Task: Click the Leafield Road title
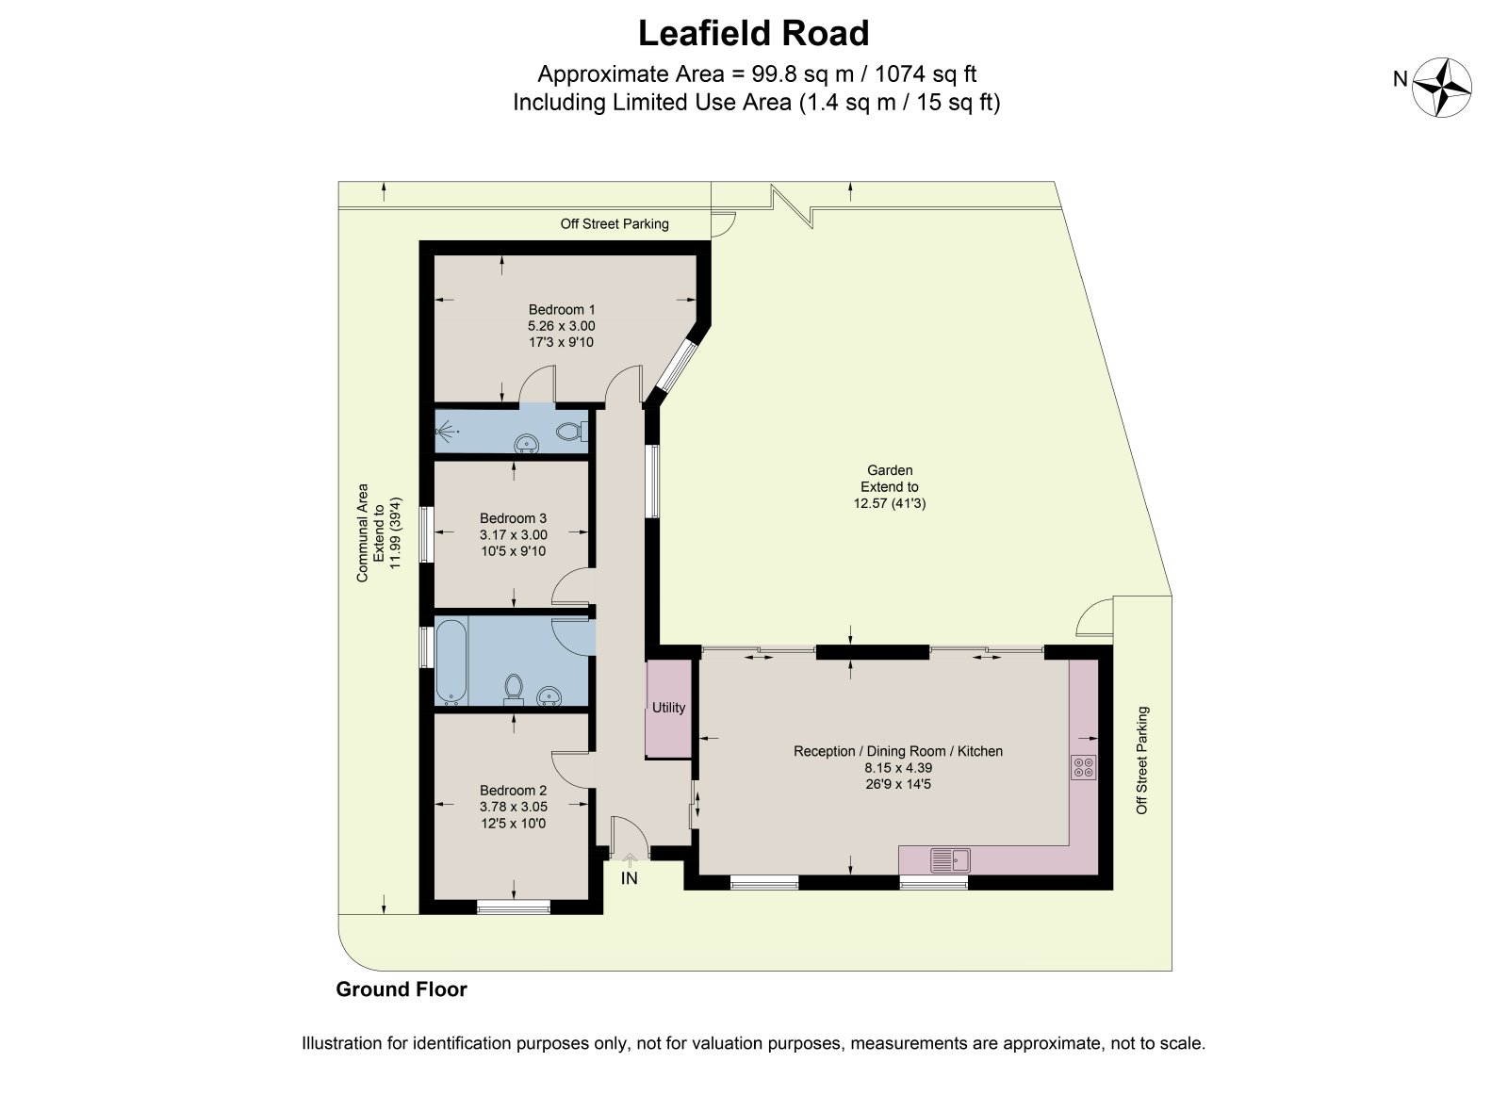click(x=753, y=34)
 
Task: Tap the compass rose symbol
click(x=1441, y=88)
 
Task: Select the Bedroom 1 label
click(x=562, y=310)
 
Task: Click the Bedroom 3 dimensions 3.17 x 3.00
click(x=513, y=535)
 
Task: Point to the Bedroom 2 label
click(x=513, y=790)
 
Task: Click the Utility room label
click(x=668, y=708)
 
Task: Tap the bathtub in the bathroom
click(x=451, y=662)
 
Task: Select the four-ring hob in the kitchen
click(x=1083, y=767)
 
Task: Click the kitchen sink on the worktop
click(x=950, y=860)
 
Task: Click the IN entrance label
click(x=629, y=878)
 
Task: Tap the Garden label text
click(x=890, y=470)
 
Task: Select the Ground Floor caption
click(x=402, y=989)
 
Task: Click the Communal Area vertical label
click(x=362, y=533)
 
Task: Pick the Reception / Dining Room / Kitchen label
click(x=898, y=751)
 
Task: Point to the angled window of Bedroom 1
click(x=678, y=367)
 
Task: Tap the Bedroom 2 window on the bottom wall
click(x=514, y=907)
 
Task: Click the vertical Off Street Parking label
click(x=1141, y=760)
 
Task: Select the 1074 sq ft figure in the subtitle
click(x=925, y=74)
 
